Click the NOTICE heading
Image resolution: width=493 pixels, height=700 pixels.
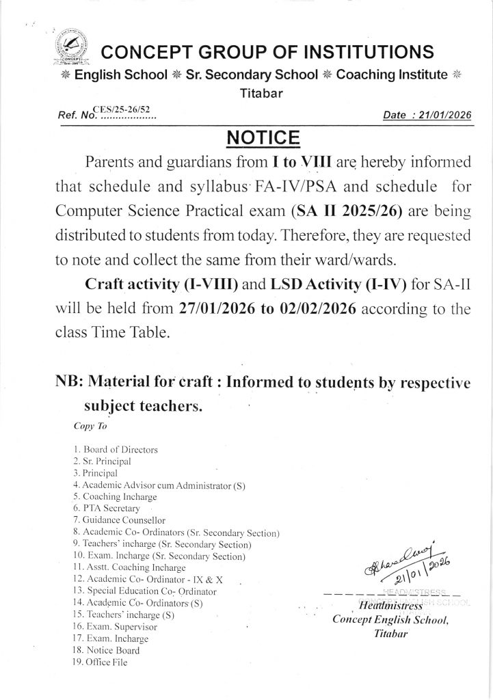pyautogui.click(x=263, y=139)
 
